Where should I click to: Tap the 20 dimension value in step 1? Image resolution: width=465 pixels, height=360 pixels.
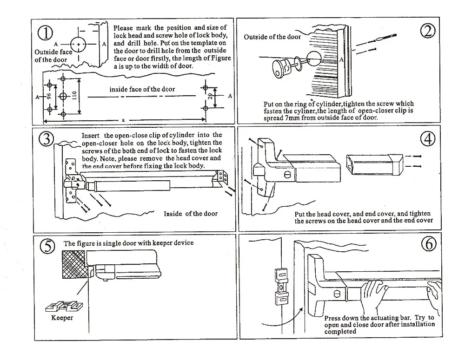point(210,97)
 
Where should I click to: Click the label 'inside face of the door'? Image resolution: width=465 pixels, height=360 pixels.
point(142,89)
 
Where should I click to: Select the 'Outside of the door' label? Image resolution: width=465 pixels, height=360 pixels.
point(272,37)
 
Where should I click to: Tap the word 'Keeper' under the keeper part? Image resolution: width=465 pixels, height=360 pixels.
point(62,318)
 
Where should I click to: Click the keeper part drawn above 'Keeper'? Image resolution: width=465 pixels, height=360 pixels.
point(62,306)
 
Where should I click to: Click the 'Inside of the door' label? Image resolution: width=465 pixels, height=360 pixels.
point(190,214)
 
